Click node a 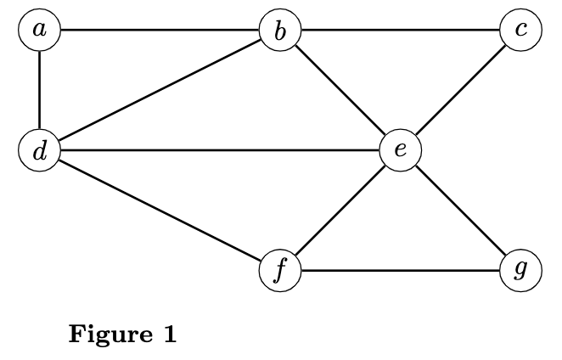(x=39, y=31)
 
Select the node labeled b (x=280, y=31)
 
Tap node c (x=520, y=31)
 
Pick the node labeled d (x=39, y=152)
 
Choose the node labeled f (x=280, y=271)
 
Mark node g (x=520, y=271)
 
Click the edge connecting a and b (x=160, y=31)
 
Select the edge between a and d (x=39, y=91)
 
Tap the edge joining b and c (x=400, y=31)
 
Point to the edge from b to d (x=160, y=92)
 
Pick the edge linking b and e (x=340, y=91)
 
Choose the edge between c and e (x=460, y=91)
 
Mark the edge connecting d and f (x=160, y=211)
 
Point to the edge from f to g (x=400, y=271)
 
